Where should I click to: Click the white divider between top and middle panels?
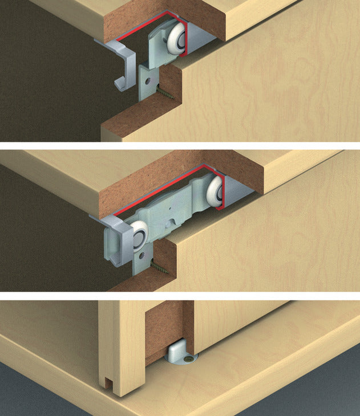[180, 146]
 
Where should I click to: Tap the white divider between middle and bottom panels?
[180, 296]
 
